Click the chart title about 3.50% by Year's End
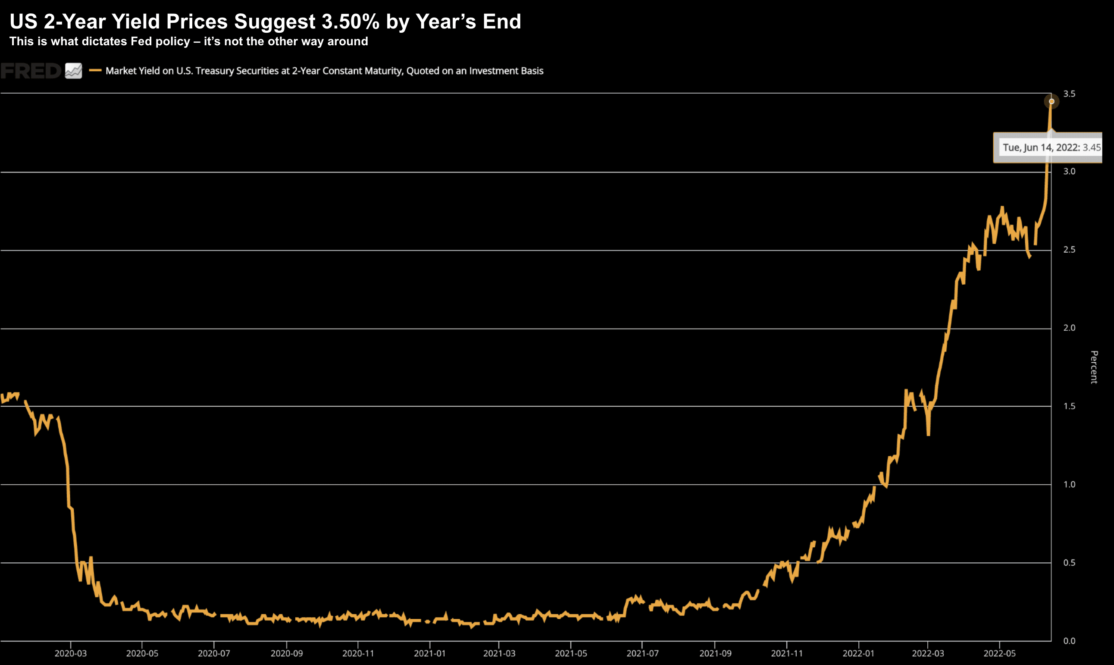coord(265,22)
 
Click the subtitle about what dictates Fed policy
coord(188,42)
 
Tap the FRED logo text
coord(31,71)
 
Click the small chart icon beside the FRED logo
coord(73,71)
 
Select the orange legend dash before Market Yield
coord(95,70)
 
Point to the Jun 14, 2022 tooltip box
coord(1048,147)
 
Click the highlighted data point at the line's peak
coord(1051,101)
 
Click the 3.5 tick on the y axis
coord(1069,94)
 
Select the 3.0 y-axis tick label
coord(1069,171)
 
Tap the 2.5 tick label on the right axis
coord(1069,250)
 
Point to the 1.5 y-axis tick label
coord(1069,406)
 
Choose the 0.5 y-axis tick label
coord(1069,562)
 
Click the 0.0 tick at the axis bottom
coord(1069,641)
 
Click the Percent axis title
coord(1094,367)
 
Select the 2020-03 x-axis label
coord(71,653)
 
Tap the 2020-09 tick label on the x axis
coord(287,653)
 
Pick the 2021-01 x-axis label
coord(429,653)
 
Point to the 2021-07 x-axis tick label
coord(642,653)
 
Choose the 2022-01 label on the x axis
coord(858,653)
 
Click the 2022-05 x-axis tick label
coord(999,653)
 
